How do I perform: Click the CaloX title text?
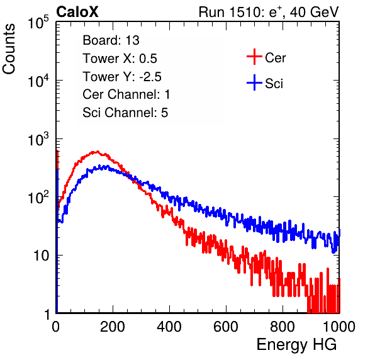(x=77, y=12)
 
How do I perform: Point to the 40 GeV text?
(x=314, y=12)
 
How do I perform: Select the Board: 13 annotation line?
(x=111, y=40)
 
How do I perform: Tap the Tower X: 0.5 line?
(x=120, y=59)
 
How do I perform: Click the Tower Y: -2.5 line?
(x=122, y=77)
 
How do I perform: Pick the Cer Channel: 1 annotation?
(x=126, y=94)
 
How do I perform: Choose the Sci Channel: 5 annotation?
(x=125, y=113)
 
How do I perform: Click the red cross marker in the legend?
(x=254, y=57)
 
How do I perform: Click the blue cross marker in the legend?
(x=254, y=82)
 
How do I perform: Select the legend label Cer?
(x=275, y=58)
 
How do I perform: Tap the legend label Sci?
(x=274, y=84)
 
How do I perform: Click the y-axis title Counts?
(x=9, y=49)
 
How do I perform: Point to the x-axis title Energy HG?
(x=296, y=345)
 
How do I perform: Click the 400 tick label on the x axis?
(x=169, y=327)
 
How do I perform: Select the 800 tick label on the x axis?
(x=283, y=327)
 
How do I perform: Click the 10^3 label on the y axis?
(x=38, y=139)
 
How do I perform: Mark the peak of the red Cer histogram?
(x=98, y=152)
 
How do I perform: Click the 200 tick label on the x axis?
(x=113, y=327)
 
